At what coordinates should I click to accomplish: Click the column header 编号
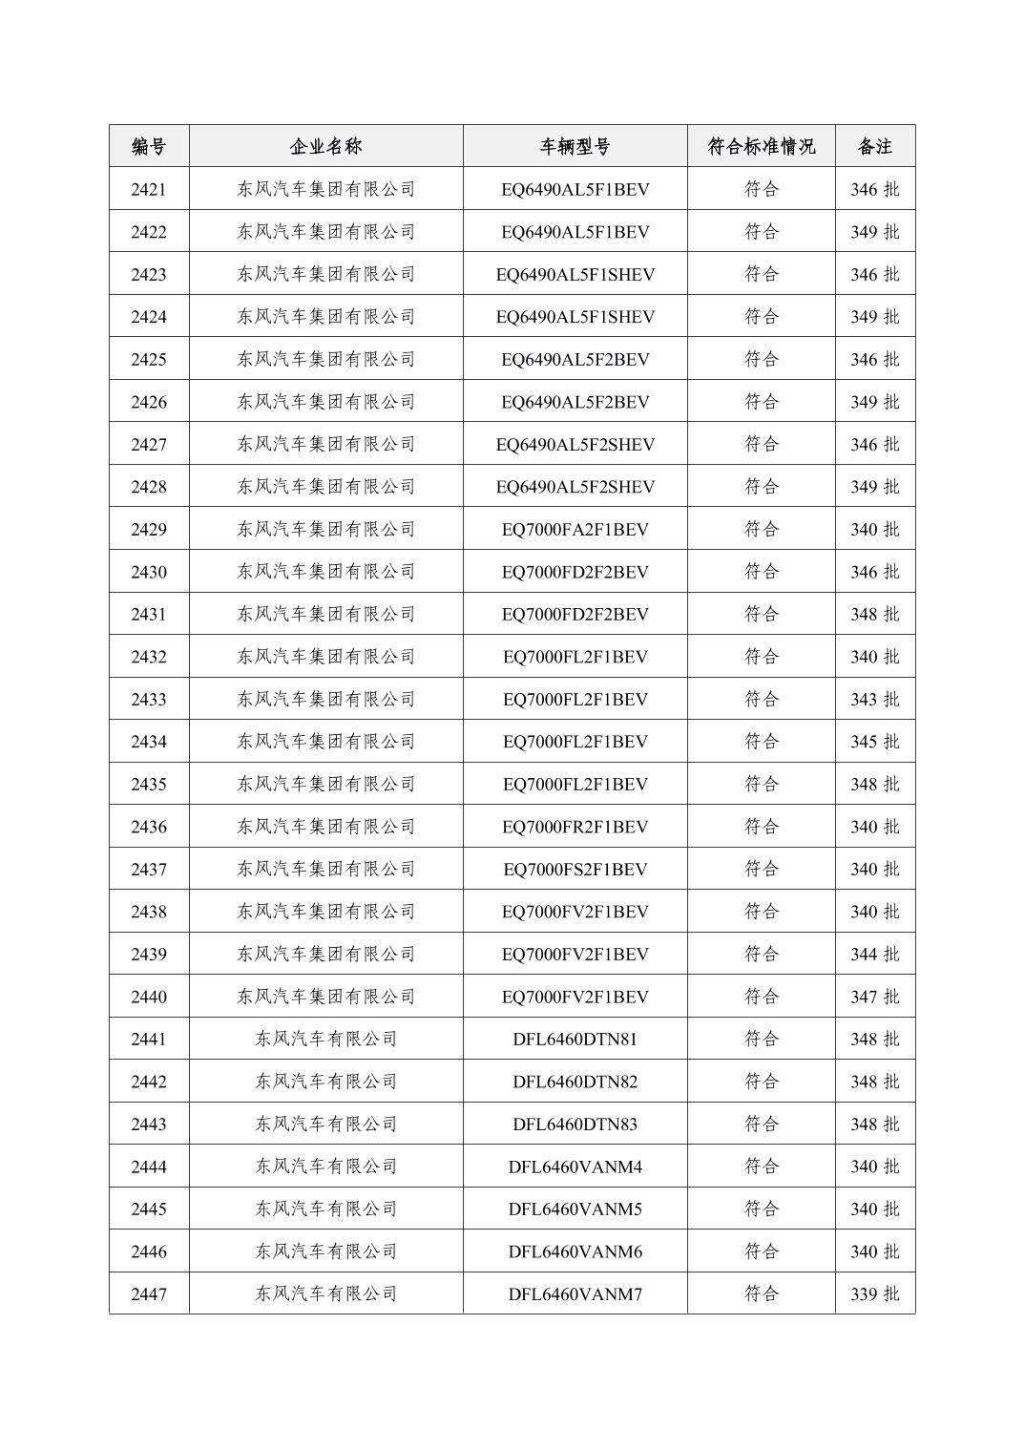point(149,146)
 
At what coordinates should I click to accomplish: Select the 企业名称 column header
point(325,146)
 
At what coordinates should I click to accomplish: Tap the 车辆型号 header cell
point(575,146)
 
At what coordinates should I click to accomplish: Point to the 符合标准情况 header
point(761,146)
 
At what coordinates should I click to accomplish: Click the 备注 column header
point(874,146)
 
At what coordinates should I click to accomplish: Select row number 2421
point(149,189)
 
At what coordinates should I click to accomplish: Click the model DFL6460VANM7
point(575,1293)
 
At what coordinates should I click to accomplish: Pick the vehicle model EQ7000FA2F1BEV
point(575,529)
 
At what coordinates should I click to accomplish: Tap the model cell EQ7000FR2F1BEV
point(575,827)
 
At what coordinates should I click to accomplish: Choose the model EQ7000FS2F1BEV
point(575,869)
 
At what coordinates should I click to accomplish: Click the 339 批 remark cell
point(874,1293)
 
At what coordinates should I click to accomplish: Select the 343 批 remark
point(874,699)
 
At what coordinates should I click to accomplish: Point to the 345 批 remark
point(874,742)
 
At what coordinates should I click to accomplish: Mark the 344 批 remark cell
point(874,954)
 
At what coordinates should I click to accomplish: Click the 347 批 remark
point(874,997)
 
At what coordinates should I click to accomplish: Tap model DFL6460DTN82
point(575,1082)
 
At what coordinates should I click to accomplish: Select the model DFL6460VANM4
point(575,1167)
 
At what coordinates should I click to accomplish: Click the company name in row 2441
point(325,1039)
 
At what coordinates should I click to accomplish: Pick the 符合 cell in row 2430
point(761,572)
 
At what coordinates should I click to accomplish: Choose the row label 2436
point(149,827)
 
